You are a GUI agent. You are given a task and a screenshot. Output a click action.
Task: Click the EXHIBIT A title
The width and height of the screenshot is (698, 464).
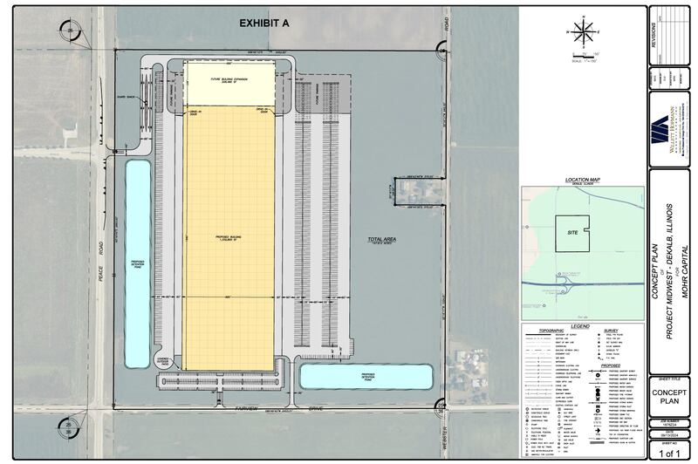(264, 24)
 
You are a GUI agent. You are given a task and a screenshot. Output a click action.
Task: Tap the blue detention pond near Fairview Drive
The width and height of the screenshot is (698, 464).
(366, 377)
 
